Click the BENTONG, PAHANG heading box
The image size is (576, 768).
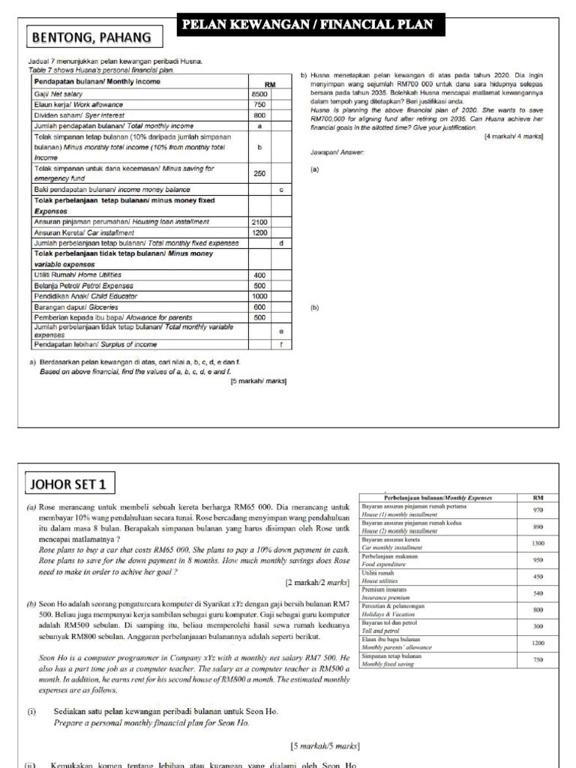click(88, 37)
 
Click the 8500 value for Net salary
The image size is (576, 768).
click(259, 94)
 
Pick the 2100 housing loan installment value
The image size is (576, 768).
click(259, 222)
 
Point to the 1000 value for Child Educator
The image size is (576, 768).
click(259, 295)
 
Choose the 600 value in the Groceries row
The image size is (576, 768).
click(259, 306)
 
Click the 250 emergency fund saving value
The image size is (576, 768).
click(259, 173)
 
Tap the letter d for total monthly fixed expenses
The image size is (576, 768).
click(280, 243)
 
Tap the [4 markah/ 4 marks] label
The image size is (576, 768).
click(514, 136)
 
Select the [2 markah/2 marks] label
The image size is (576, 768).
click(317, 582)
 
